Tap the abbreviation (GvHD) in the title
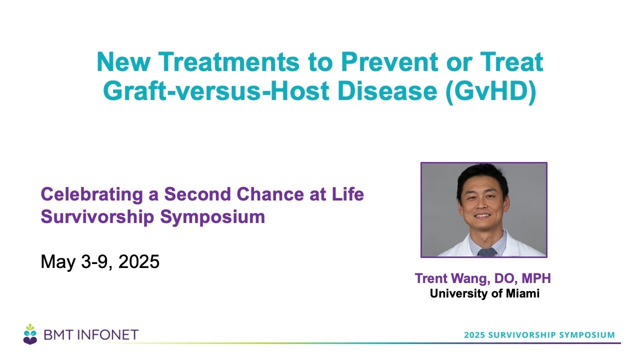[x=490, y=91]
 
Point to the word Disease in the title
[x=387, y=91]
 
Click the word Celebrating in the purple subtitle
[x=91, y=194]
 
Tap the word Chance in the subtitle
[x=270, y=194]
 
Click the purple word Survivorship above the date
[x=97, y=217]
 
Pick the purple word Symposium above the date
[x=212, y=217]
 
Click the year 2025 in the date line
[x=139, y=261]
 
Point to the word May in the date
[x=58, y=262]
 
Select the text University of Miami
[x=484, y=293]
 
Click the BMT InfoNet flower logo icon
[x=30, y=334]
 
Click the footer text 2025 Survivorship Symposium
[x=539, y=335]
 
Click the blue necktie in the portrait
[x=487, y=252]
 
